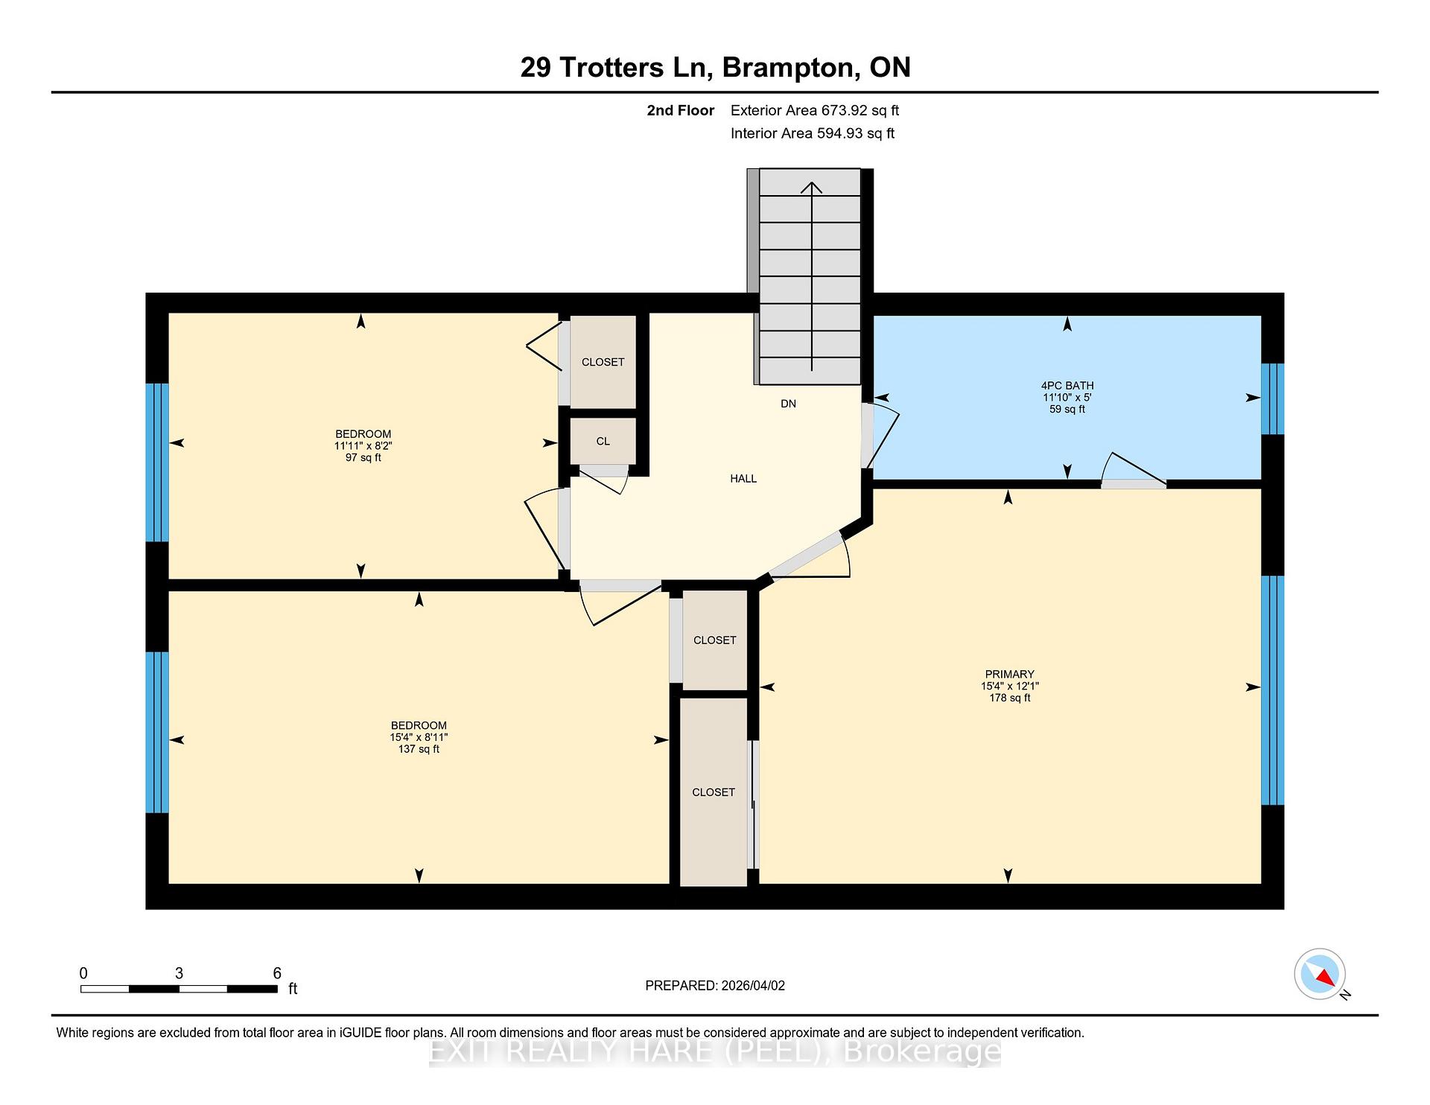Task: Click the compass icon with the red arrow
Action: tap(1320, 974)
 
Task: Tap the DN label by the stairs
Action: tap(788, 404)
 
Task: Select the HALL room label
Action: tap(743, 479)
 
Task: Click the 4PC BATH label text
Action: tap(1067, 386)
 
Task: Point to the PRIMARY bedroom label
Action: tap(1009, 674)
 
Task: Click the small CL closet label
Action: tap(603, 441)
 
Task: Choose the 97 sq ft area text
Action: tap(363, 458)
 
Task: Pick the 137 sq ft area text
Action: tap(419, 749)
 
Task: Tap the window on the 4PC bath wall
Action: tap(1272, 398)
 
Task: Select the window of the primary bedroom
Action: tap(1272, 690)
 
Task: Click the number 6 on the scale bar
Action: tap(277, 973)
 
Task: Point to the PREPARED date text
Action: tap(714, 985)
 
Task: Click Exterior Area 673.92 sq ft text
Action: tap(814, 110)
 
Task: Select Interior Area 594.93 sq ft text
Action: tap(812, 133)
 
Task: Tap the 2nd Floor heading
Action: tap(680, 110)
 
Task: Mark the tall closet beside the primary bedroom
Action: tap(714, 792)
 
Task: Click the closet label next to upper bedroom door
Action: tap(603, 362)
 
